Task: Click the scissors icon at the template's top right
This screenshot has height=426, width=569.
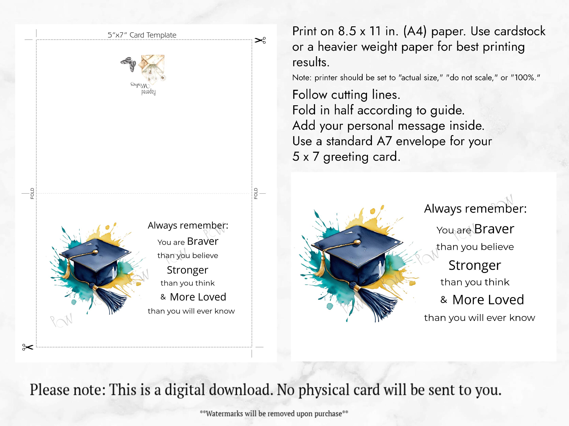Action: pos(260,40)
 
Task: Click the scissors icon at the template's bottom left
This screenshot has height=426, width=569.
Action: pos(28,347)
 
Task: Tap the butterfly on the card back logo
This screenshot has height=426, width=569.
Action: pos(128,63)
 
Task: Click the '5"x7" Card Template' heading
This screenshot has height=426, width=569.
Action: pos(142,35)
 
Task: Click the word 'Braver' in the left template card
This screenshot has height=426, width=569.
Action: pos(203,241)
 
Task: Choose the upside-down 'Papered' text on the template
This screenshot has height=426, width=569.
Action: pos(149,92)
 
